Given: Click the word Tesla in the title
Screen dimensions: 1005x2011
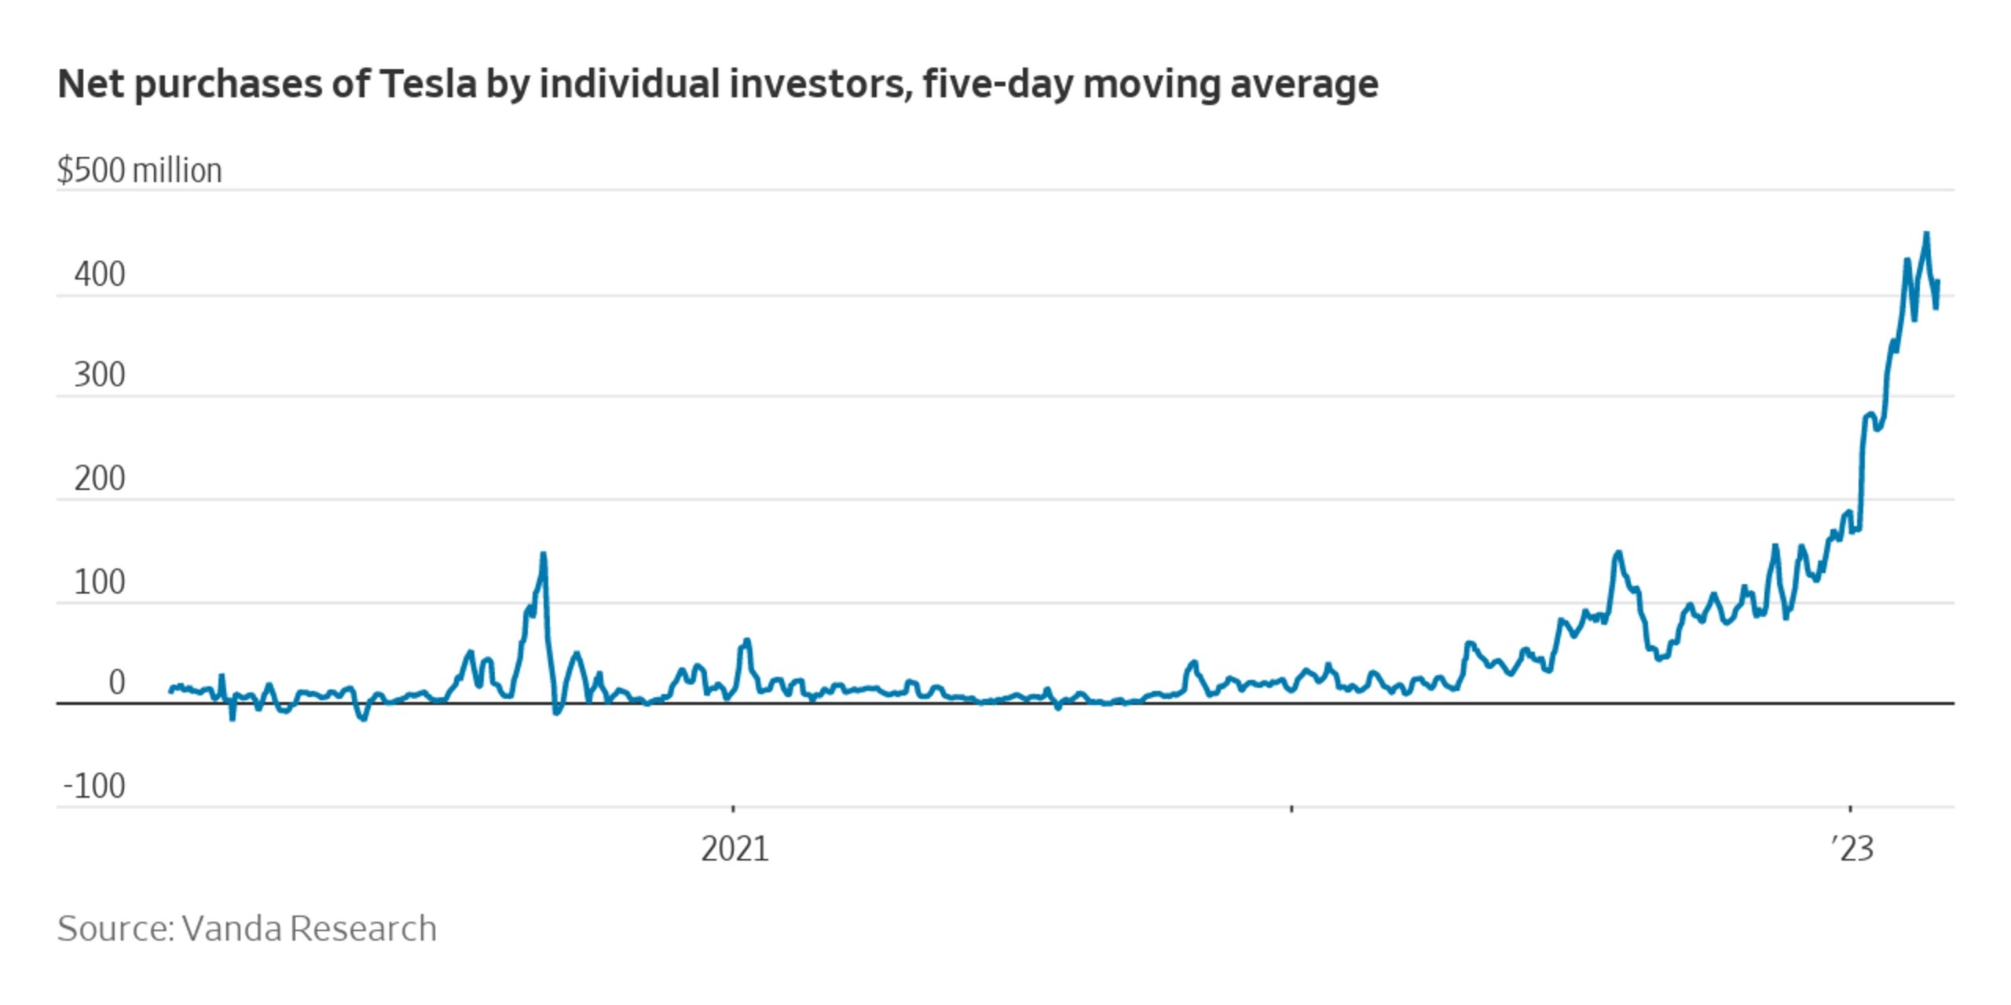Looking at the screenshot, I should (428, 84).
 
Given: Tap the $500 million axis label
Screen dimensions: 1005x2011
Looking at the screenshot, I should (140, 170).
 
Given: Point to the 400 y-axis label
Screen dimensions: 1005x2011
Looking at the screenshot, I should (100, 275).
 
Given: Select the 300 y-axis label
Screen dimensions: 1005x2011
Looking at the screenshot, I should (100, 375).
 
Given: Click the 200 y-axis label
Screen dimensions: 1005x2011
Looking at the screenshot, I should (100, 478).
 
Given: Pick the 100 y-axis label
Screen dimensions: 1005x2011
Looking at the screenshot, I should (100, 583).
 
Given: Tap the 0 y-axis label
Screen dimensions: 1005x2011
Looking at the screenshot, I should (116, 683).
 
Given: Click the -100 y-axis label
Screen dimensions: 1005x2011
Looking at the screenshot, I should (94, 786).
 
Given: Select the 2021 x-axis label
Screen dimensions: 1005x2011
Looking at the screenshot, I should (734, 849).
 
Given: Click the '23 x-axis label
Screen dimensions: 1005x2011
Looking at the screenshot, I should (1852, 849).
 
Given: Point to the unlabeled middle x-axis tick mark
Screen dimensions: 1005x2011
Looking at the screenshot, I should (1291, 807).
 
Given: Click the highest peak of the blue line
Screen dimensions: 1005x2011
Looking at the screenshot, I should (1926, 233).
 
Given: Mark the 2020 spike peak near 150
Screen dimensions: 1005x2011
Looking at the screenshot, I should (543, 554).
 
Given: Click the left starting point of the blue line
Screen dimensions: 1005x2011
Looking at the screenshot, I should (171, 691).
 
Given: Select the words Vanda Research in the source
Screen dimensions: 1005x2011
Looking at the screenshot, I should (309, 929).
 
